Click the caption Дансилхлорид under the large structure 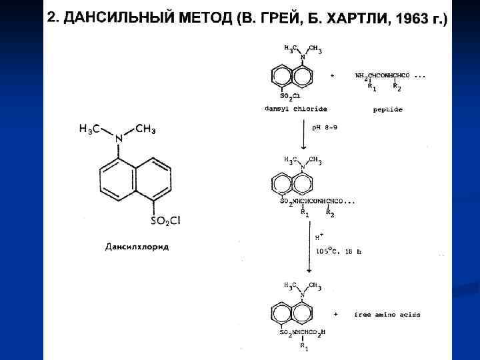137,247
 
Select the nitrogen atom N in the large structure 119,138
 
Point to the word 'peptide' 388,109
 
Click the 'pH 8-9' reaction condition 325,127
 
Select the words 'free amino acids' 387,315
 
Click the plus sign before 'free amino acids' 335,314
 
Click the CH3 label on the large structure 146,129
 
